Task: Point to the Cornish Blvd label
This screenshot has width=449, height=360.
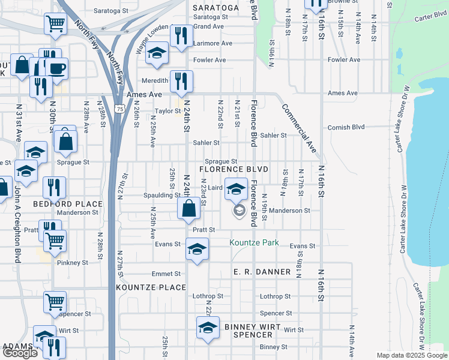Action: [346, 127]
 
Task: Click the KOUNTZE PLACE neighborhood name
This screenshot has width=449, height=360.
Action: [151, 287]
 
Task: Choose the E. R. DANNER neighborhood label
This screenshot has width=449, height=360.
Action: [262, 272]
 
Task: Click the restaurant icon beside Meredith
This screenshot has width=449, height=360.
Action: [181, 82]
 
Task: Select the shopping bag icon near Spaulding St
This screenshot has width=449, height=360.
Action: [189, 209]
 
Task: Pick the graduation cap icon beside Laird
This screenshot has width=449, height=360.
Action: [236, 189]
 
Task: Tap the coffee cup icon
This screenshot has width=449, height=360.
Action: [57, 68]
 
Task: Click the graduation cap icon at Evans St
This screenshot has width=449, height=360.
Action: [196, 249]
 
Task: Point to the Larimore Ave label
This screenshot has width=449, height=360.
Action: [212, 43]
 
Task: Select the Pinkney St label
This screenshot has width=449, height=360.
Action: [73, 263]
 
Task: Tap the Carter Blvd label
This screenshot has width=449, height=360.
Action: [428, 17]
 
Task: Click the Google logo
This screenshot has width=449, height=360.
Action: [20, 353]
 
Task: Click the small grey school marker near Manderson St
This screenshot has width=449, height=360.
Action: [239, 211]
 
